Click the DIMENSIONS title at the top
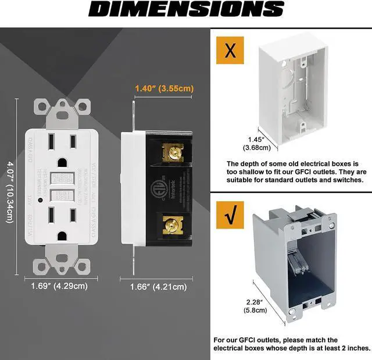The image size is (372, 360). tap(185, 10)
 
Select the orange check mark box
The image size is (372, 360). tap(230, 216)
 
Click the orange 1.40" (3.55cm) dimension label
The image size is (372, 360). tap(163, 88)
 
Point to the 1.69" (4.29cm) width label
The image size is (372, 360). tap(59, 286)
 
